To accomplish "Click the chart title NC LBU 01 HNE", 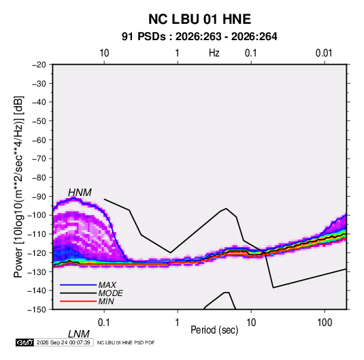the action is (x=199, y=19).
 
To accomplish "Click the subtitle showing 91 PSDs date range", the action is (x=199, y=37).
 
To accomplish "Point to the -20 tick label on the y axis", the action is (x=39, y=65).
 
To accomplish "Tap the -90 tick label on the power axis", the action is (x=39, y=197).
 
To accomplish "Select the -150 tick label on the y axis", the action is (x=37, y=310).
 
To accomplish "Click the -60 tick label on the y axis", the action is (x=39, y=140).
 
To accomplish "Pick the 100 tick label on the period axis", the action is (x=325, y=323).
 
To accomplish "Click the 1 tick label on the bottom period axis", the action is (x=178, y=323).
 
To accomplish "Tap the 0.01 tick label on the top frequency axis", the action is (x=324, y=53).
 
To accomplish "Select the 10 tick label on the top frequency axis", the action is (x=104, y=53).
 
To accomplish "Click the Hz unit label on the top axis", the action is (x=214, y=53).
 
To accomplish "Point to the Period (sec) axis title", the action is (x=214, y=330).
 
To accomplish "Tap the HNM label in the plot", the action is (x=80, y=193).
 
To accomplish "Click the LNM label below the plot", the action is (x=79, y=334).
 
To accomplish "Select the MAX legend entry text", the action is (x=107, y=284).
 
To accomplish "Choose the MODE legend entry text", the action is (x=110, y=293).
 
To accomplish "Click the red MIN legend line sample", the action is (x=78, y=301).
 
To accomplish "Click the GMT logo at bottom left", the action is (x=24, y=342).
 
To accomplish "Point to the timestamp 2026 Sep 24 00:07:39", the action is (x=63, y=342).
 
